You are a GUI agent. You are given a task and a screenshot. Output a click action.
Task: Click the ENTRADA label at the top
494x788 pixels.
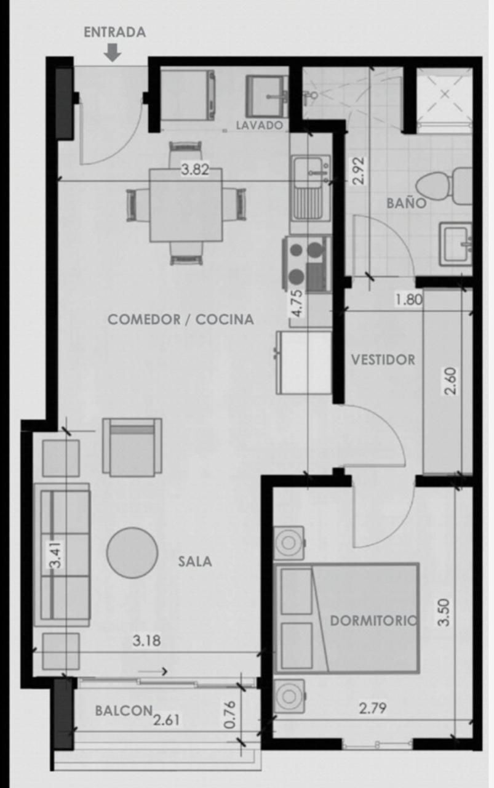114,33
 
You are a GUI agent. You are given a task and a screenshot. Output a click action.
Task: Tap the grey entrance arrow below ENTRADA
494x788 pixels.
113,53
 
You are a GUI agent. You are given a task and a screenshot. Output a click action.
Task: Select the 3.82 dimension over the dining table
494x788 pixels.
195,169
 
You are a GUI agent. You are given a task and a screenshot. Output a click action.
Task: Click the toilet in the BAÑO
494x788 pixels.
444,186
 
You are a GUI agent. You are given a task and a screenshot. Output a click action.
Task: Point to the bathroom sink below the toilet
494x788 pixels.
456,244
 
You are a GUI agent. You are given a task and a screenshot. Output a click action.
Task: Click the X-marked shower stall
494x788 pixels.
444,95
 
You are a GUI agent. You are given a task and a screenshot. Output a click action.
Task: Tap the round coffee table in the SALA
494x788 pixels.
132,553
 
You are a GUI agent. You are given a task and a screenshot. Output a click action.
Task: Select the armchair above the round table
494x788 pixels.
132,448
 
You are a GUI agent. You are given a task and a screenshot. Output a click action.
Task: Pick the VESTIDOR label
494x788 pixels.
383,360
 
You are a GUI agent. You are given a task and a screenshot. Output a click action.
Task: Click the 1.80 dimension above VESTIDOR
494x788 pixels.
408,300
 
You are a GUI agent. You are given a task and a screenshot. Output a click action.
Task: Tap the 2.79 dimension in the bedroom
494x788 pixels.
373,708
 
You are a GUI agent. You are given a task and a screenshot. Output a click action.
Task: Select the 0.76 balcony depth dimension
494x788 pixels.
229,714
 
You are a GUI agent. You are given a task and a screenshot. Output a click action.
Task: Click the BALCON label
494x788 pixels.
124,710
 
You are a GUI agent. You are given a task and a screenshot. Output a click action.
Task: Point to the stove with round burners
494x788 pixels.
306,264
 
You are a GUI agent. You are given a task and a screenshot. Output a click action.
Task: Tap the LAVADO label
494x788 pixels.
260,125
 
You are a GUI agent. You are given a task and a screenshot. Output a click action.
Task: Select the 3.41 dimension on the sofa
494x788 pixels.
56,554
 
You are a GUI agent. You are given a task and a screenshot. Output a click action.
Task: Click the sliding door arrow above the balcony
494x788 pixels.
153,671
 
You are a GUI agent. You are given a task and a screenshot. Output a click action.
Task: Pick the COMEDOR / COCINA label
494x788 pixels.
181,320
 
